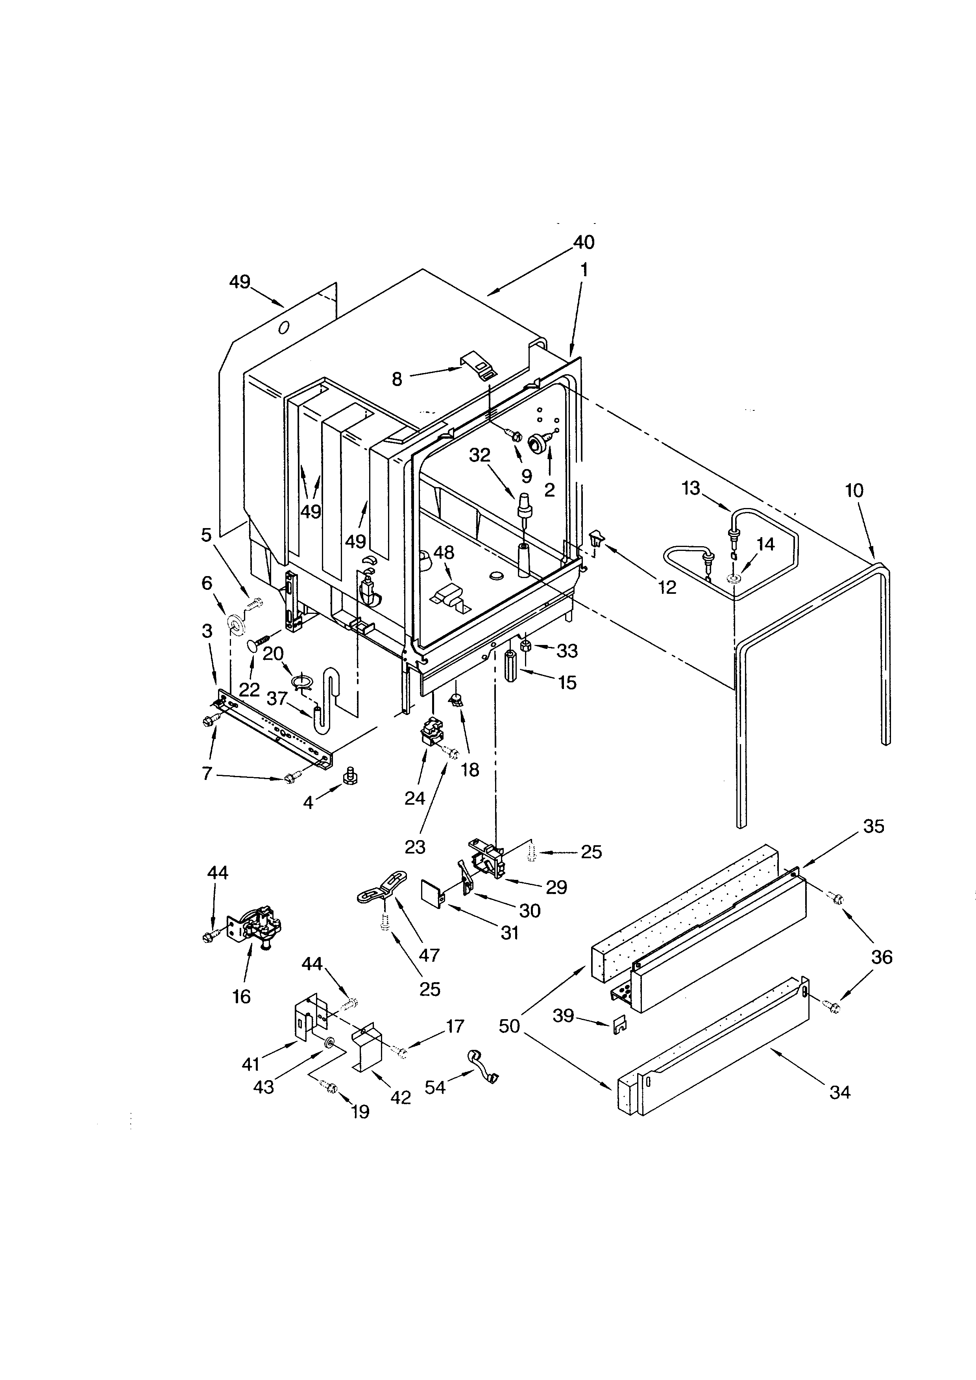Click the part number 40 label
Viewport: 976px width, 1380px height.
point(584,242)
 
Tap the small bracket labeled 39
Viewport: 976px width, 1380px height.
point(619,1027)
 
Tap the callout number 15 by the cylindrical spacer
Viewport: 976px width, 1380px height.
point(567,682)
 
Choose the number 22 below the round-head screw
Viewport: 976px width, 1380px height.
point(249,689)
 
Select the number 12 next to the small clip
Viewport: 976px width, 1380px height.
point(667,587)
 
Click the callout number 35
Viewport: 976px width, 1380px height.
point(873,826)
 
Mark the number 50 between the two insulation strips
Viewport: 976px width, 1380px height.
point(509,1026)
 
